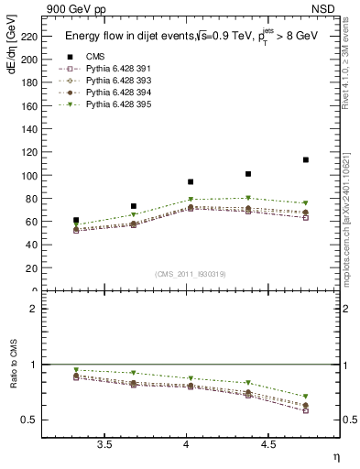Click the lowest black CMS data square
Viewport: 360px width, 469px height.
coord(76,220)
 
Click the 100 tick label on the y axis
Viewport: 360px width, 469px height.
coord(34,175)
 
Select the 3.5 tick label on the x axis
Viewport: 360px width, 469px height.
coord(105,445)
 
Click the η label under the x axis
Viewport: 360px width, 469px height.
coord(335,457)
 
